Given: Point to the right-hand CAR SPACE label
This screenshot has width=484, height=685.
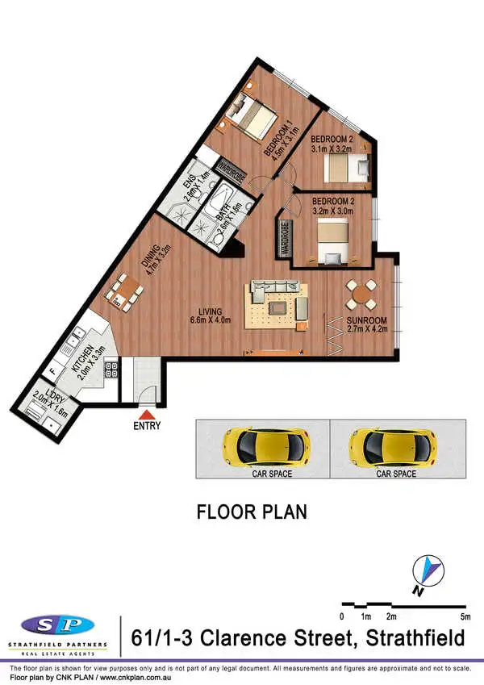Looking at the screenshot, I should [x=396, y=474].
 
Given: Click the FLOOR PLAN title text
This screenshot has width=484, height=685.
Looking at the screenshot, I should [x=252, y=512].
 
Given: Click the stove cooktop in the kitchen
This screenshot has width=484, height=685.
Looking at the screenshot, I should [x=114, y=370].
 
